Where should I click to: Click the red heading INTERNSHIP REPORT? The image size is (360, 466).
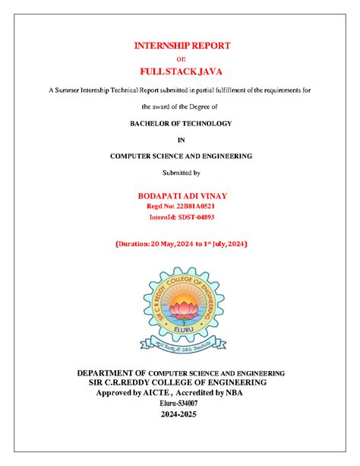tap(182, 46)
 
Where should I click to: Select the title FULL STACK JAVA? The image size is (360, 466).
tap(182, 72)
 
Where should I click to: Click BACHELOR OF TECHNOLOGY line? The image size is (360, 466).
tap(181, 122)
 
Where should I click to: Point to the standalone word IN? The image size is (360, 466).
tap(181, 139)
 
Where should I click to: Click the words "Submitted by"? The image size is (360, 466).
tap(181, 173)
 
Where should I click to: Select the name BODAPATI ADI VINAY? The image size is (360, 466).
tap(181, 195)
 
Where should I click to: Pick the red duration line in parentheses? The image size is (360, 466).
tap(181, 244)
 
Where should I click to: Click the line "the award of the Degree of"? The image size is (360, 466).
tap(181, 106)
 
